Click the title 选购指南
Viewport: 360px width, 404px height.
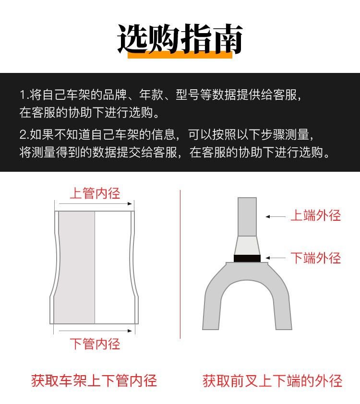tap(180, 39)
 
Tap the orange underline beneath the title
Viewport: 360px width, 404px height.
tap(180, 55)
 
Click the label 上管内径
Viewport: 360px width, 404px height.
tap(95, 193)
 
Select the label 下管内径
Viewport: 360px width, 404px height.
tap(95, 344)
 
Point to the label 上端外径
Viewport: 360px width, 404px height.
tap(316, 215)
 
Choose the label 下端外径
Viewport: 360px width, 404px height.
tap(316, 258)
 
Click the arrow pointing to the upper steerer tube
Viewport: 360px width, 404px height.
tap(276, 217)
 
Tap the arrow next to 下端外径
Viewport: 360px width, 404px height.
tap(276, 258)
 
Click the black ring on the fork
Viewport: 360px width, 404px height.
tap(247, 259)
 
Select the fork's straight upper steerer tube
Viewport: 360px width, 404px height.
tap(247, 217)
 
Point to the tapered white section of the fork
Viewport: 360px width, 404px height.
tap(247, 246)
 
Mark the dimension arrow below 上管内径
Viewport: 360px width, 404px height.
tap(96, 204)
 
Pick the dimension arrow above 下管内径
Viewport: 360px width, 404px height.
tap(96, 331)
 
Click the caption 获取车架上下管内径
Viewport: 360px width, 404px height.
tap(94, 381)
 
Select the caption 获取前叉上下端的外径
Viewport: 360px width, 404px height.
tap(272, 381)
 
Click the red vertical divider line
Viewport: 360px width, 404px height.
tap(180, 264)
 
